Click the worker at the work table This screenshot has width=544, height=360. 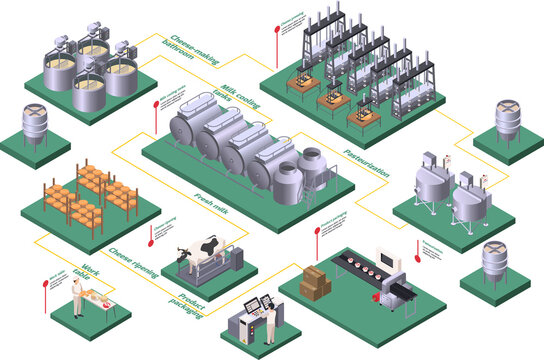click(x=78, y=297)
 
